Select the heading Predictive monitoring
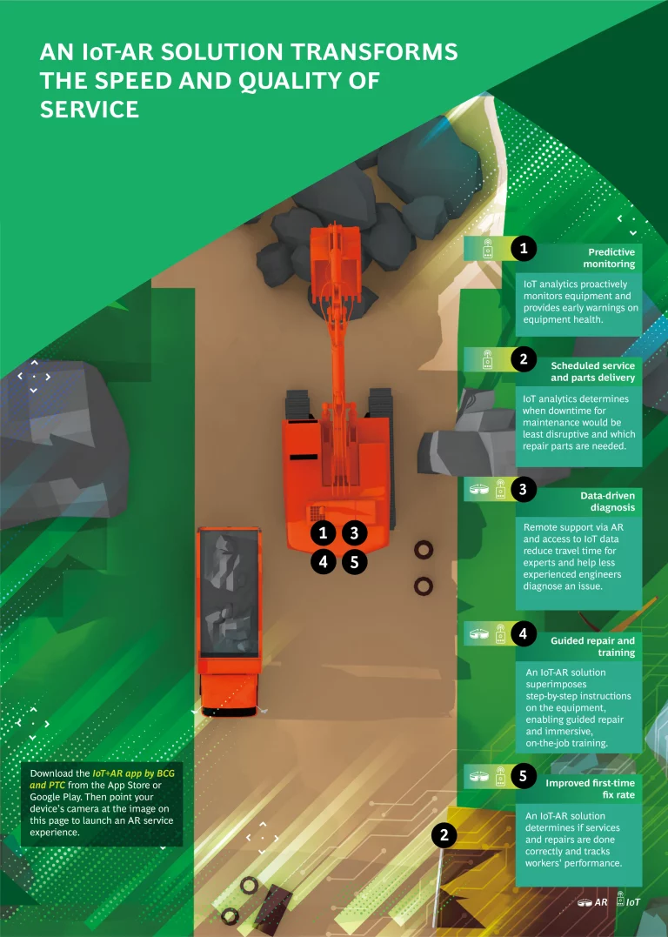pyautogui.click(x=608, y=258)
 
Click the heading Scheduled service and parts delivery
pyautogui.click(x=592, y=371)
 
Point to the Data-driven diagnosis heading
pyautogui.click(x=607, y=501)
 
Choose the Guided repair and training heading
pyautogui.click(x=592, y=646)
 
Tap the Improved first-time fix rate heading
pyautogui.click(x=590, y=789)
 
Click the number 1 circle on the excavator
pyautogui.click(x=324, y=532)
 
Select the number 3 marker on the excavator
pyautogui.click(x=354, y=532)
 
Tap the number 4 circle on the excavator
pyautogui.click(x=324, y=562)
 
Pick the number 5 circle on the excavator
pyautogui.click(x=354, y=562)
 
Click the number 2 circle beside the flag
pyautogui.click(x=444, y=835)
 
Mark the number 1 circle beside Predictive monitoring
pyautogui.click(x=524, y=248)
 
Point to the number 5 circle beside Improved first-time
pyautogui.click(x=524, y=776)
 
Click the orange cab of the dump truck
pyautogui.click(x=230, y=686)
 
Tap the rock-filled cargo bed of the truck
pyautogui.click(x=230, y=592)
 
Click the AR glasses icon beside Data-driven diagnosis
pyautogui.click(x=478, y=490)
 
